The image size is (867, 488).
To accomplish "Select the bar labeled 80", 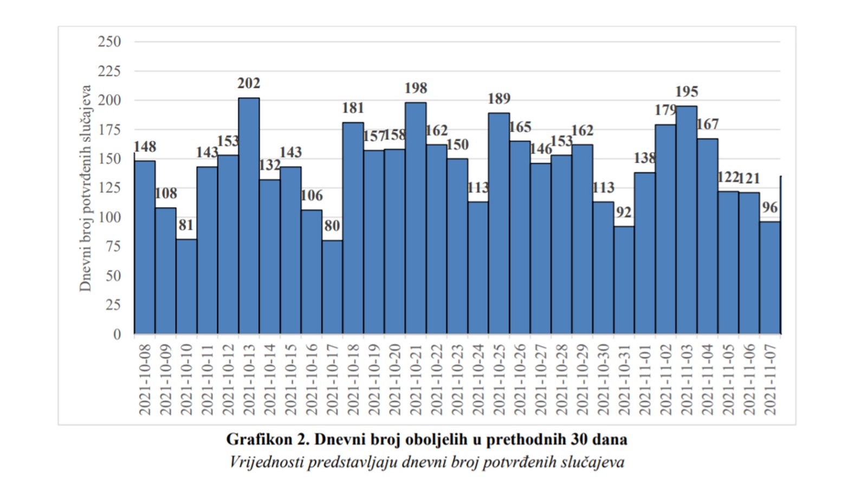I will [x=332, y=287].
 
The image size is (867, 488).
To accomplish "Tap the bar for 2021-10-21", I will [x=416, y=217].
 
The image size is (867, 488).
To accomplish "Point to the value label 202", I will [x=249, y=84].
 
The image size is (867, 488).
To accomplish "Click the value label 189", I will [x=499, y=99].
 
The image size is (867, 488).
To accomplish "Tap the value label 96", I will [x=769, y=208].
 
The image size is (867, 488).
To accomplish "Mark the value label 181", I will [x=353, y=108].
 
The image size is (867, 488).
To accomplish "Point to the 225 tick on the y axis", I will [x=109, y=71].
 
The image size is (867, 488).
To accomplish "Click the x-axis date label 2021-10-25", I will [x=499, y=379].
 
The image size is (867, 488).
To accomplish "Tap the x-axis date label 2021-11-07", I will [x=770, y=379].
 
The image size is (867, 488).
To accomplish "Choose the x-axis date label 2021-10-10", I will [x=186, y=379].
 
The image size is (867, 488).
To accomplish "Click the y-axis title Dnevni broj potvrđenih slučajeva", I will [x=86, y=188].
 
